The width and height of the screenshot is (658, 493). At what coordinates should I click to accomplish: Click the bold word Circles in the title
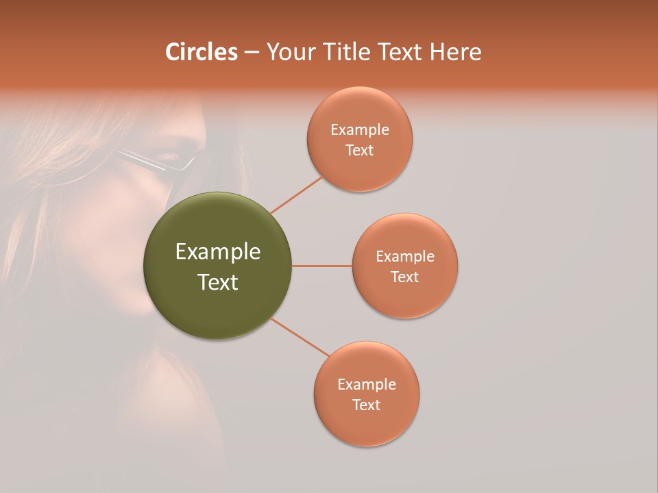pos(202,52)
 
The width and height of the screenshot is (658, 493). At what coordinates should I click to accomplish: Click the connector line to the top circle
pos(296,195)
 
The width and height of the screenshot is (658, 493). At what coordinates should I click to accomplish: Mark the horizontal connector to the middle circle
pos(321,266)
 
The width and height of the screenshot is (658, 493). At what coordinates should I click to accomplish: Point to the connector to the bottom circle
pos(300,338)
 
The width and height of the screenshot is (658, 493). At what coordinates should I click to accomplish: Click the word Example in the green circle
pos(218,252)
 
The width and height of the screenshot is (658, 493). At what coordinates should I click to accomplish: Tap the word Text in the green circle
pos(218,282)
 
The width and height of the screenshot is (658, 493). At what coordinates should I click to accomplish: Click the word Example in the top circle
pos(360,129)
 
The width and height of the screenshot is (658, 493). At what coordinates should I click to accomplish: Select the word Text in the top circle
pos(360,150)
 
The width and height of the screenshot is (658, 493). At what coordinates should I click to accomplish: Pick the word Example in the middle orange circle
pos(405,256)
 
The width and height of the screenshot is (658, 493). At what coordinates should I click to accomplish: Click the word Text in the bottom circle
pos(367,405)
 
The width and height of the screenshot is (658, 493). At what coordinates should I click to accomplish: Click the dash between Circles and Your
pos(251,53)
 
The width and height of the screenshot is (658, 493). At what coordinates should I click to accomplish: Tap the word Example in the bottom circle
pos(367,384)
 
